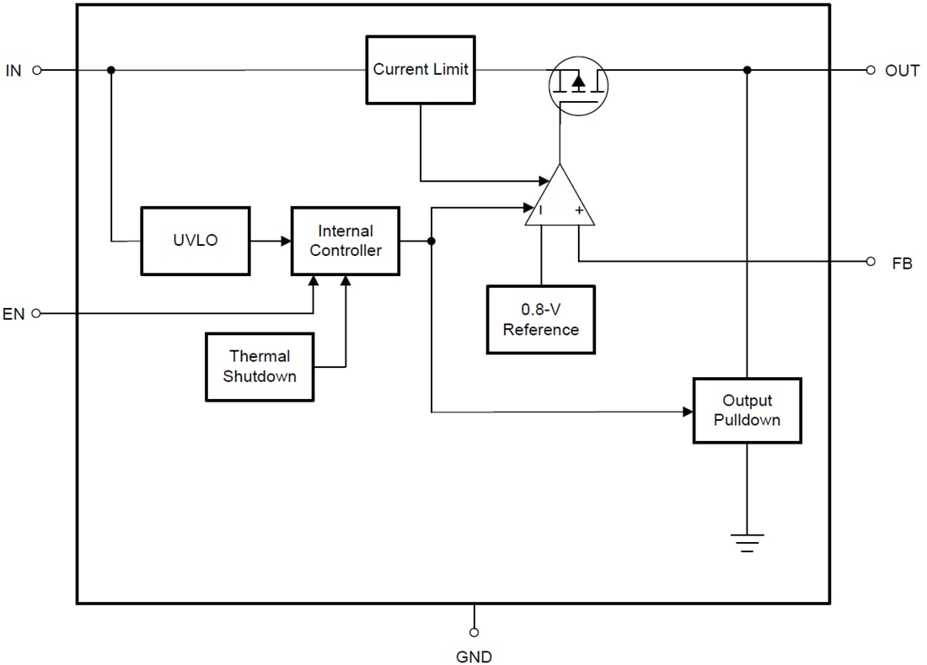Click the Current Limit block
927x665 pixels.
coord(421,70)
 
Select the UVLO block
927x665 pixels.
coord(195,241)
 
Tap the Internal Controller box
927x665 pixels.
coord(346,241)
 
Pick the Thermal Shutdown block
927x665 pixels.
coord(260,367)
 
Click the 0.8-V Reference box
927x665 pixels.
coord(540,320)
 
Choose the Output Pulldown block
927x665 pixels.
coord(747,411)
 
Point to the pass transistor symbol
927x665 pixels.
coord(578,85)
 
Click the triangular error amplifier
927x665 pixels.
coord(560,200)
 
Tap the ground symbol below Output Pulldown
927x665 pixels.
coord(747,542)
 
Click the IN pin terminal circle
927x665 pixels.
coord(37,71)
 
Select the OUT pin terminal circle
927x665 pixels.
coord(871,71)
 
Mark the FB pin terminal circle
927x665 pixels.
coord(871,262)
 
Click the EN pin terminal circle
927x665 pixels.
coord(37,314)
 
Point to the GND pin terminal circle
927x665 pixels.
coord(474,631)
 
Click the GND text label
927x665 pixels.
coord(474,657)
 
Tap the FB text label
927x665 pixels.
coord(902,263)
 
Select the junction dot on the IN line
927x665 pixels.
coord(111,71)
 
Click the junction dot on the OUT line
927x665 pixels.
coord(747,71)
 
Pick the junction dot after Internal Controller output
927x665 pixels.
coord(431,242)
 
